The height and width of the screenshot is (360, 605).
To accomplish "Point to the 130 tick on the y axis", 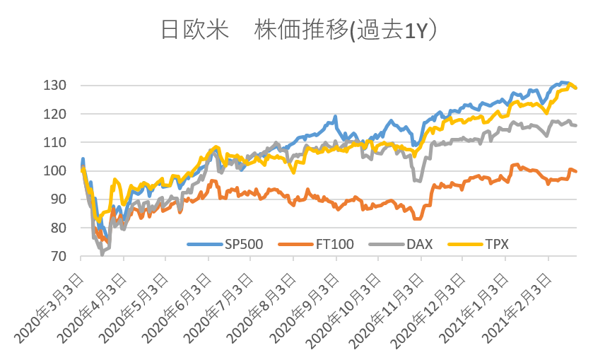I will pos(57,86).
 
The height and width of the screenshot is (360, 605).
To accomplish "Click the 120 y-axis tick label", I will pos(57,114).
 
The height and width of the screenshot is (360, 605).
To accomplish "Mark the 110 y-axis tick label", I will pos(57,142).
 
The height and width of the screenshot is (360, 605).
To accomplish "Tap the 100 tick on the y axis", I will pos(57,171).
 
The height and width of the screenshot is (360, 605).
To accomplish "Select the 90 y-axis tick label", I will pos(59,199).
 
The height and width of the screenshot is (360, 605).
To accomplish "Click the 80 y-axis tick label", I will pos(59,228).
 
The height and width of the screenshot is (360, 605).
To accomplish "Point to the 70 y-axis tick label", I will pos(59,256).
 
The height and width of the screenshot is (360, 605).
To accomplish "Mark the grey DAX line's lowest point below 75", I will pos(102,252).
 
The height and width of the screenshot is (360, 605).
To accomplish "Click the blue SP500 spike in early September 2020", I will pos(335,117).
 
